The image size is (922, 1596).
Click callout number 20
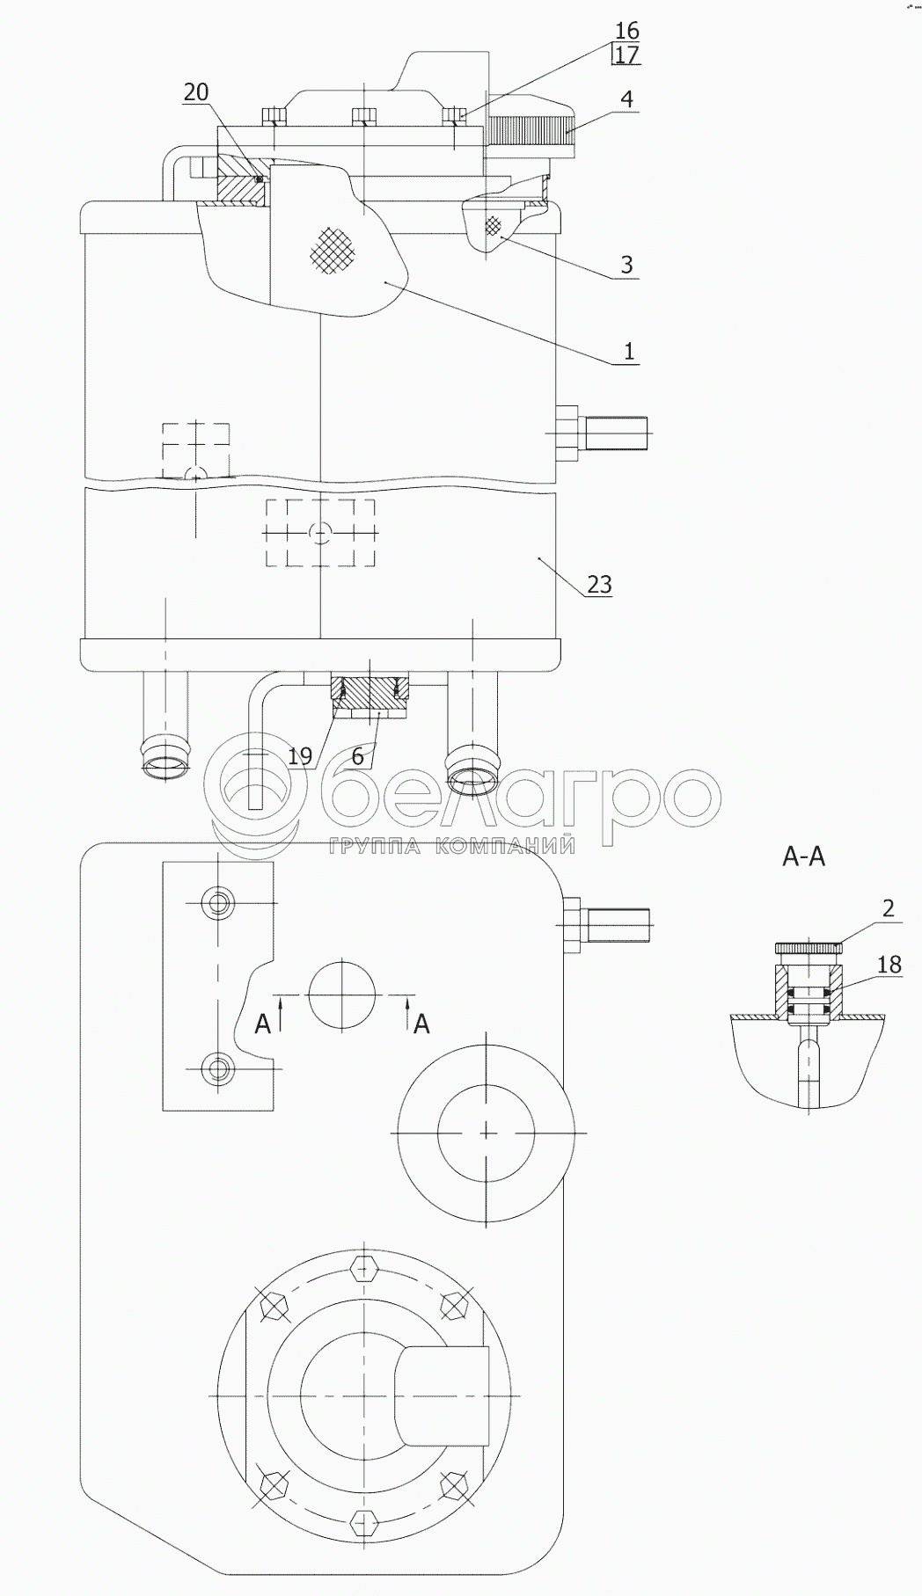196,92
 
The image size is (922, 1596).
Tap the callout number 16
627,32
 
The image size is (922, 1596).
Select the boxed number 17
627,55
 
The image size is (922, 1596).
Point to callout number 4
626,98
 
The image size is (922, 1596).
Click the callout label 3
626,265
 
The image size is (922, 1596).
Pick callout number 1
628,352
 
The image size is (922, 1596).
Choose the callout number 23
599,584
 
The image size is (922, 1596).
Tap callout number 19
300,756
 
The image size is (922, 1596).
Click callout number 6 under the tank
357,756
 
